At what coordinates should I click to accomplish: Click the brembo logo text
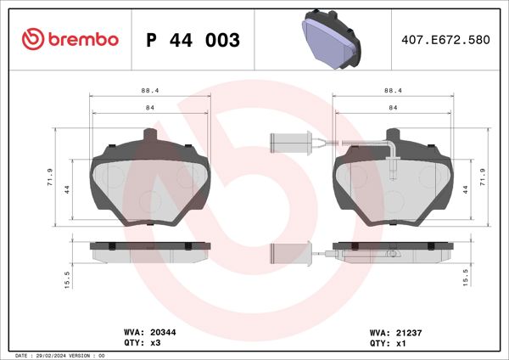click(x=70, y=40)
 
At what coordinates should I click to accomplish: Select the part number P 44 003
click(x=193, y=40)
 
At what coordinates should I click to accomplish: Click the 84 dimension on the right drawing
click(x=393, y=108)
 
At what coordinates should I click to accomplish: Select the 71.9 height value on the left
click(x=50, y=177)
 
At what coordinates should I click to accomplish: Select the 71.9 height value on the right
click(x=483, y=177)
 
